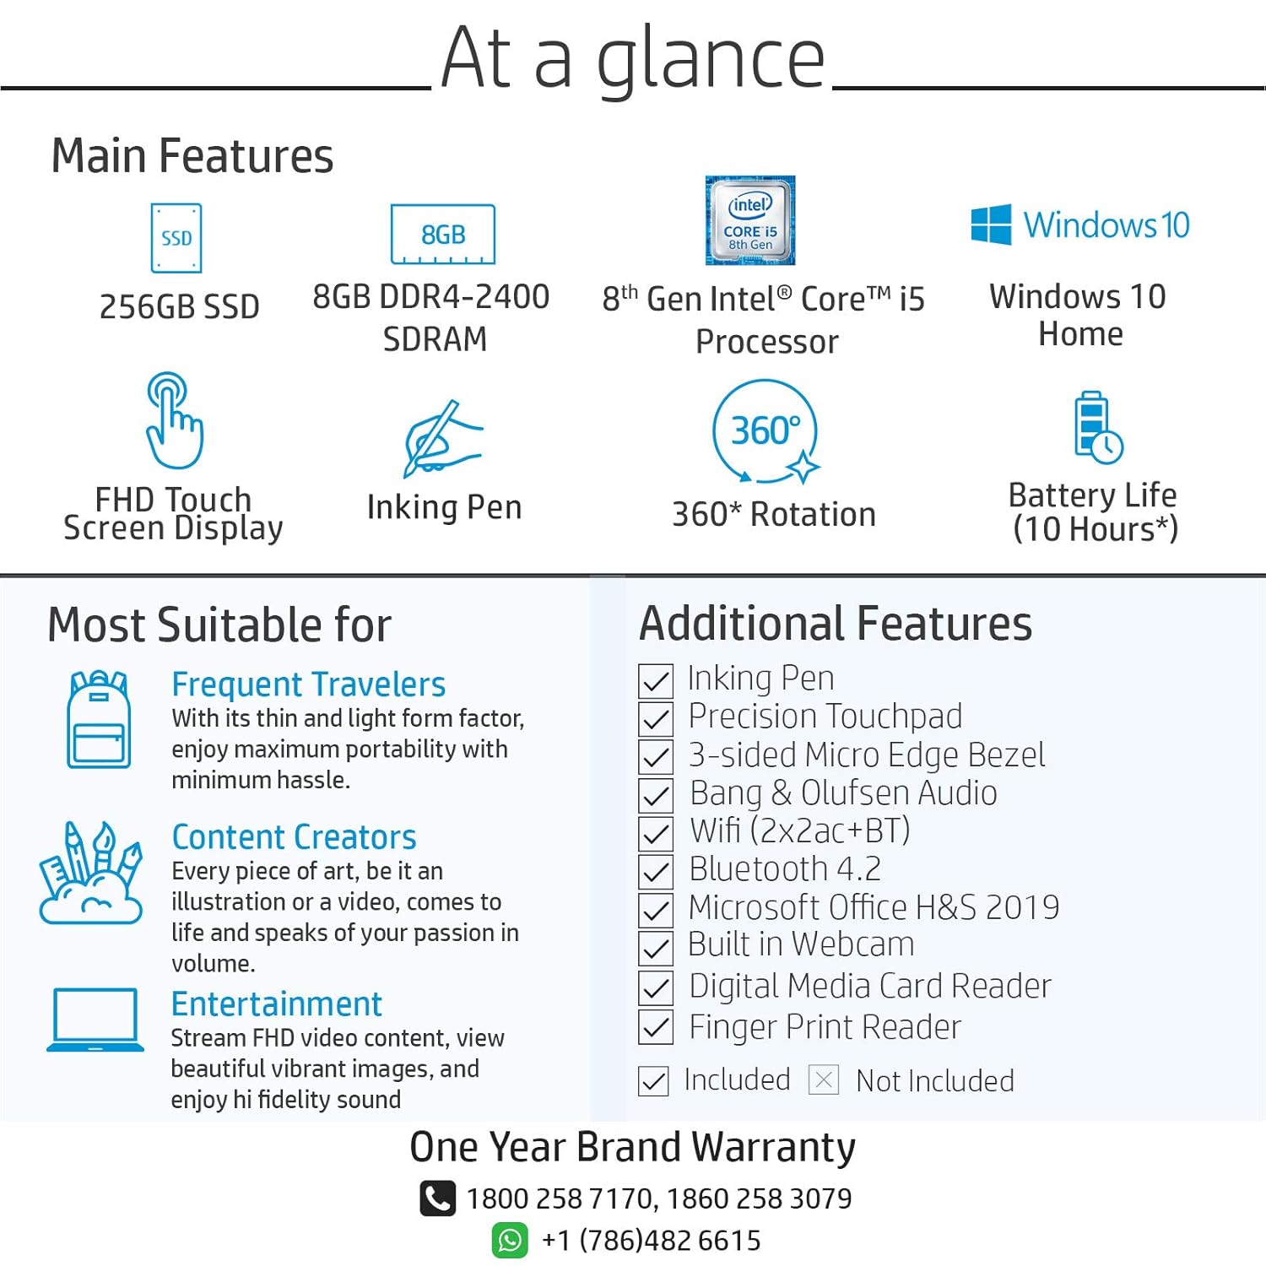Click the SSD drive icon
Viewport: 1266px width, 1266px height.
(176, 238)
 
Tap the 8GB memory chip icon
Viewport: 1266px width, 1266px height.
(443, 235)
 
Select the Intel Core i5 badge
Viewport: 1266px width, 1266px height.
(750, 220)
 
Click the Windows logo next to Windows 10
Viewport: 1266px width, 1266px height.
(991, 225)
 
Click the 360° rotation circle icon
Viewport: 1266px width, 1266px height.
(766, 432)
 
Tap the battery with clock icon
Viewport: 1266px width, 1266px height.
(1096, 428)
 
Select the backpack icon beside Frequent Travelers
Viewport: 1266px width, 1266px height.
(99, 720)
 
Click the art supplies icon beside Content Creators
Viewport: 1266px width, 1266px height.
(90, 874)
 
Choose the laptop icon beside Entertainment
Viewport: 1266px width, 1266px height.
(95, 1020)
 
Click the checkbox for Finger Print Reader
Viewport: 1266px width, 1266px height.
(656, 1027)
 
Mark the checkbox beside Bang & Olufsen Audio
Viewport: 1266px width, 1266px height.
(656, 795)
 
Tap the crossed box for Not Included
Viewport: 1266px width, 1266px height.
(824, 1079)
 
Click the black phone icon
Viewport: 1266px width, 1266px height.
(437, 1198)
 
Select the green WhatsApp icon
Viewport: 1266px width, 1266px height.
(510, 1240)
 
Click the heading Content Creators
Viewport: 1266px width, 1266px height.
(294, 837)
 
